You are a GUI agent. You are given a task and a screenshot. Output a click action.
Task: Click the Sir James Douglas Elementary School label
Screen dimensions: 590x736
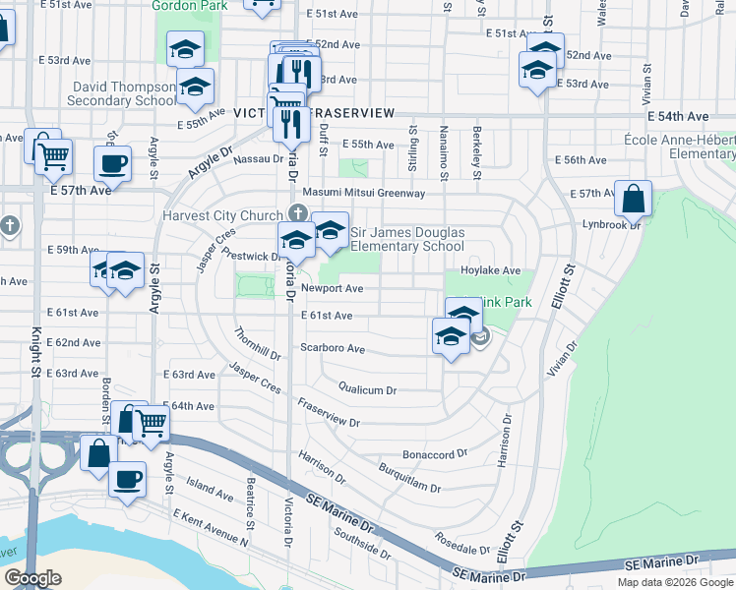(x=407, y=239)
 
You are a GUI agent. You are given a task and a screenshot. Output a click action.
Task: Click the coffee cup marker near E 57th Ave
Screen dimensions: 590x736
(x=112, y=163)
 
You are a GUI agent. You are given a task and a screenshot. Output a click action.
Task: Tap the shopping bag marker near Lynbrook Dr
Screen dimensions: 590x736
(x=633, y=198)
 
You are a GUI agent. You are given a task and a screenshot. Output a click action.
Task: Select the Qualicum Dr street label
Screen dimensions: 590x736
(x=367, y=389)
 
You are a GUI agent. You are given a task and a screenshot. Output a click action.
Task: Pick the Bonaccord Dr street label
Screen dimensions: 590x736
(x=434, y=454)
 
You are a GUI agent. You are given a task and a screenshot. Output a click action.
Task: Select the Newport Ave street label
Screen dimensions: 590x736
(x=333, y=289)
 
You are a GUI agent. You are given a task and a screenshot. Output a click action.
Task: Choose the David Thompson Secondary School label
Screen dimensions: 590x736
(x=124, y=93)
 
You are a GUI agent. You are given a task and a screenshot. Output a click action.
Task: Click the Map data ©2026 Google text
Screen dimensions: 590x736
(x=674, y=582)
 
